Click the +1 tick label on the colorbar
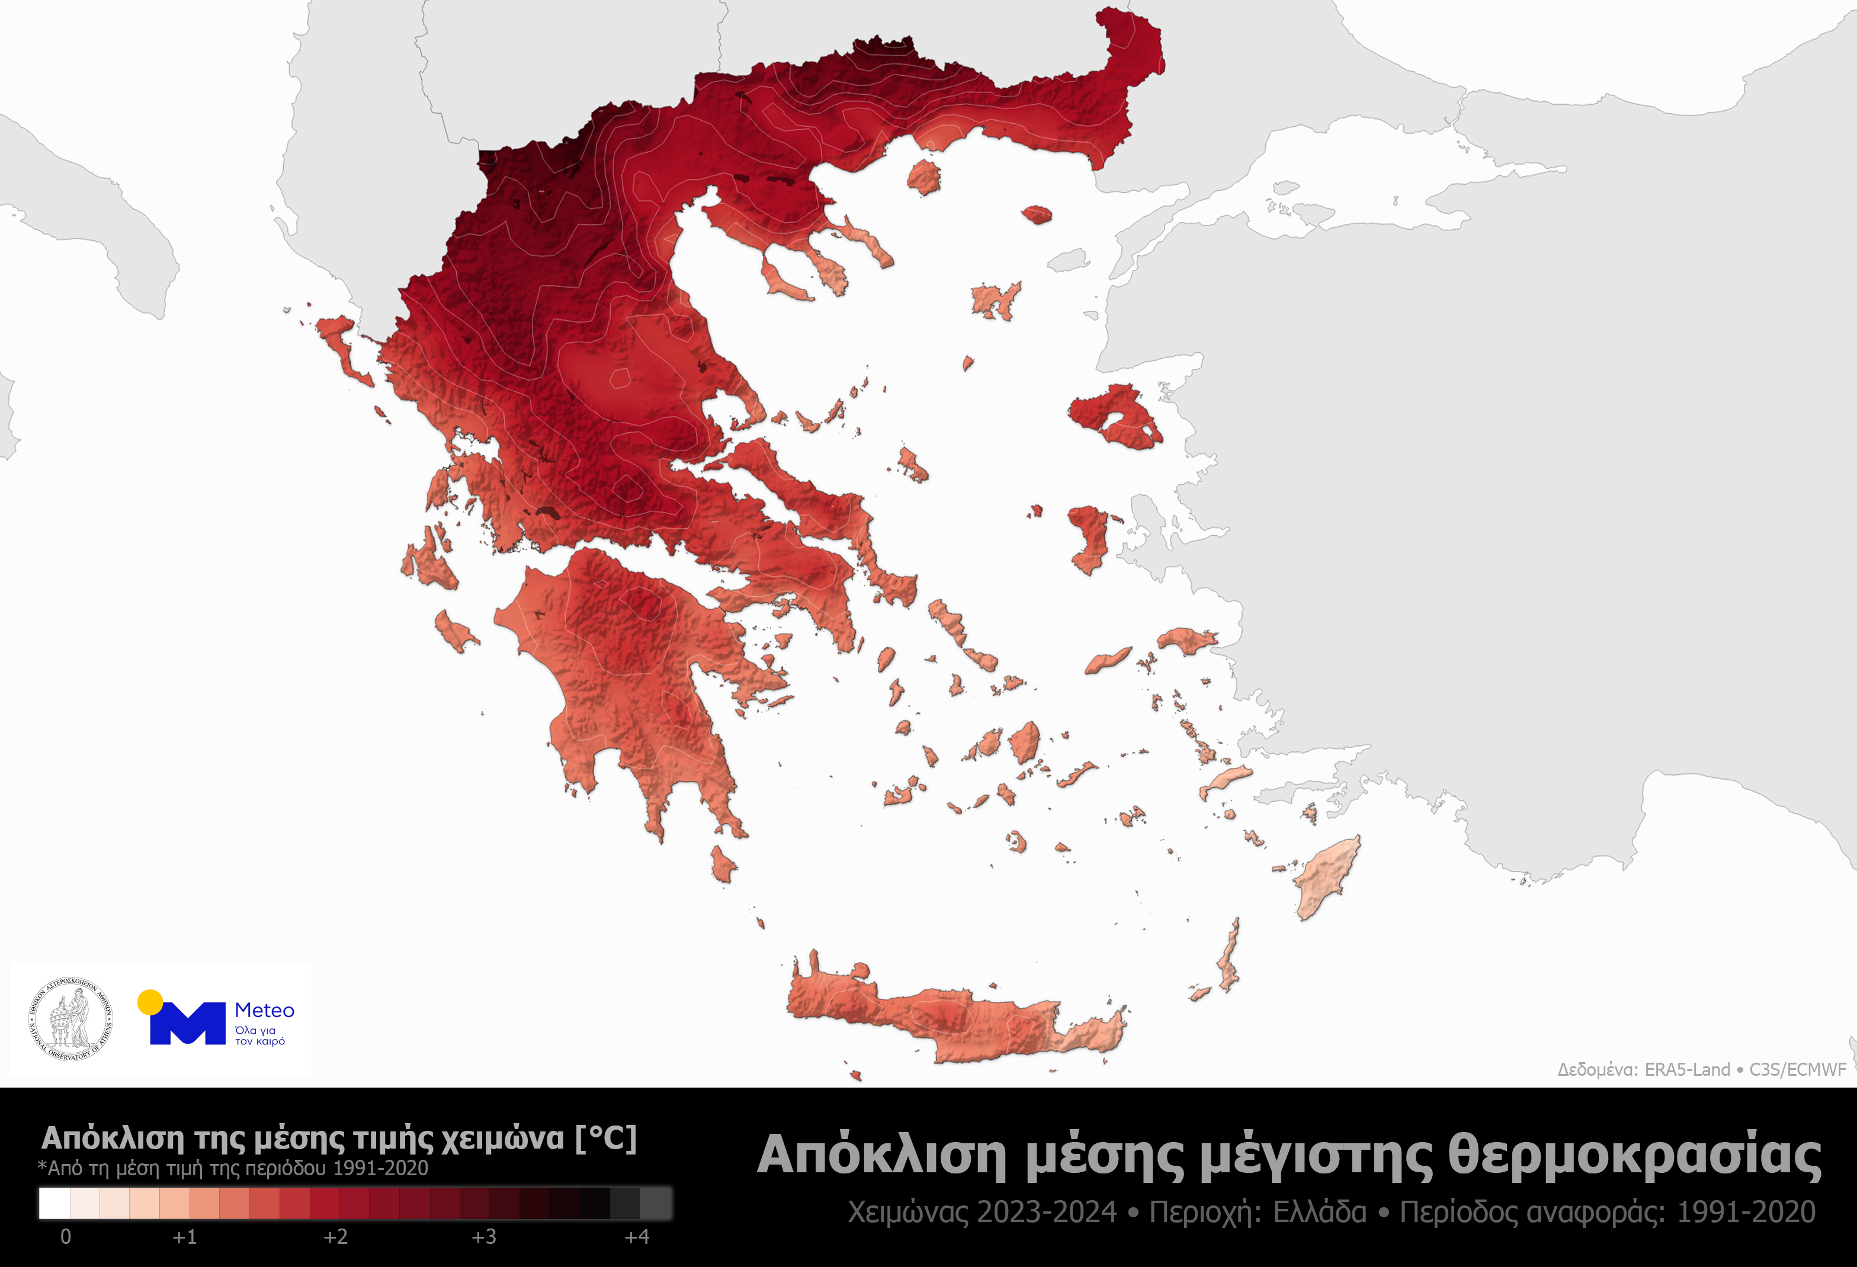point(185,1237)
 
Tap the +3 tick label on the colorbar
point(483,1237)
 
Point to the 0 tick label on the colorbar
point(66,1237)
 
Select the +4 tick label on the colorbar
point(636,1237)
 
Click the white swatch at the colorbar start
point(54,1203)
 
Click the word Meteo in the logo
point(265,1011)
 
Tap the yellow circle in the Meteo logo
point(150,1002)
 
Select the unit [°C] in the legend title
point(606,1137)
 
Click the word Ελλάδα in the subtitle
point(1319,1213)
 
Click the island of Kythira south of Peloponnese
point(723,865)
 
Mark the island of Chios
point(1088,538)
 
